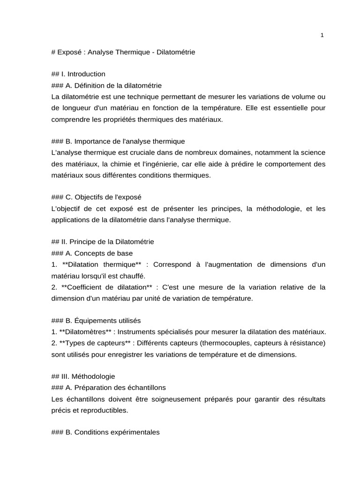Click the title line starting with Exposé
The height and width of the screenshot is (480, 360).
123,52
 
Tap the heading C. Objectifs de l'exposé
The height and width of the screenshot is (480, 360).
96,197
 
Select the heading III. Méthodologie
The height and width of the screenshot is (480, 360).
83,376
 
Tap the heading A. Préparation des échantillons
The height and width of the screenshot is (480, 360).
108,388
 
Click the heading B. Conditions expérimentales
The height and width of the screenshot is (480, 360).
105,433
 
